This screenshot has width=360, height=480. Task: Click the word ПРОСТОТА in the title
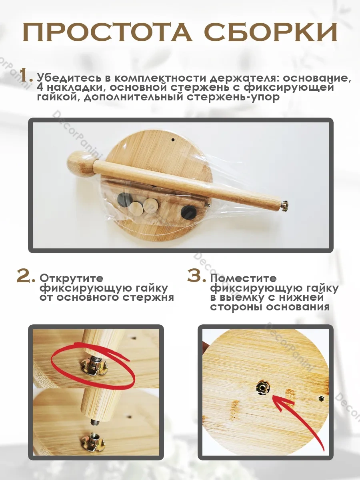point(107,32)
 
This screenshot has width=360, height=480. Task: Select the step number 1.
point(26,75)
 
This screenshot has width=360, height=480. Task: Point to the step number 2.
point(25,276)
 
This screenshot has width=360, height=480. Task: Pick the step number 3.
point(196,276)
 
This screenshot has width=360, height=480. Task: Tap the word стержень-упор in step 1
point(233,97)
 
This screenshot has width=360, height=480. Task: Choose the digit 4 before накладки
point(40,88)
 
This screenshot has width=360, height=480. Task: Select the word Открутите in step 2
point(71,278)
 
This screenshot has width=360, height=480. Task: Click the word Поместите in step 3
point(243,278)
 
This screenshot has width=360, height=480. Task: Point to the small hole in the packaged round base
point(173,139)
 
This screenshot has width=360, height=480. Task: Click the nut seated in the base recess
point(262,388)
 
